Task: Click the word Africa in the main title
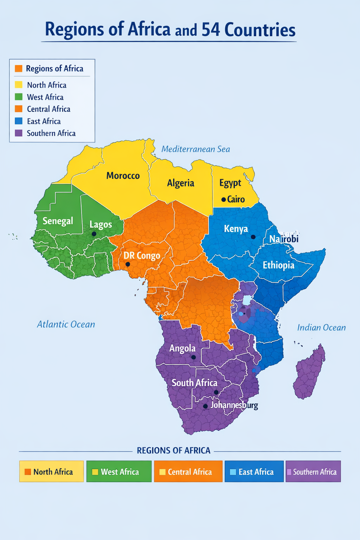149,30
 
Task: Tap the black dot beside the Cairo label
223,200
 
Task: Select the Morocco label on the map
123,175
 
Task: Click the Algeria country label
180,183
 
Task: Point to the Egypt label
230,183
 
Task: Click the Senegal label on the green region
58,221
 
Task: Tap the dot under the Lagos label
94,234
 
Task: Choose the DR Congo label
142,256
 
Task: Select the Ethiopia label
278,265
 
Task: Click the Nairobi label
284,239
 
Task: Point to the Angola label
182,348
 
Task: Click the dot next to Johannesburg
205,406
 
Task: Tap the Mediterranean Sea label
195,149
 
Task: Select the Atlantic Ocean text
66,324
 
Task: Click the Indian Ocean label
321,328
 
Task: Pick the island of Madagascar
309,373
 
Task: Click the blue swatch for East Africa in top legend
19,121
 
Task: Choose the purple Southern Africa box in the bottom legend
313,471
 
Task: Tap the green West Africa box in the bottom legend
119,471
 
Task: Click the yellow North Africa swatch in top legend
19,85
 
